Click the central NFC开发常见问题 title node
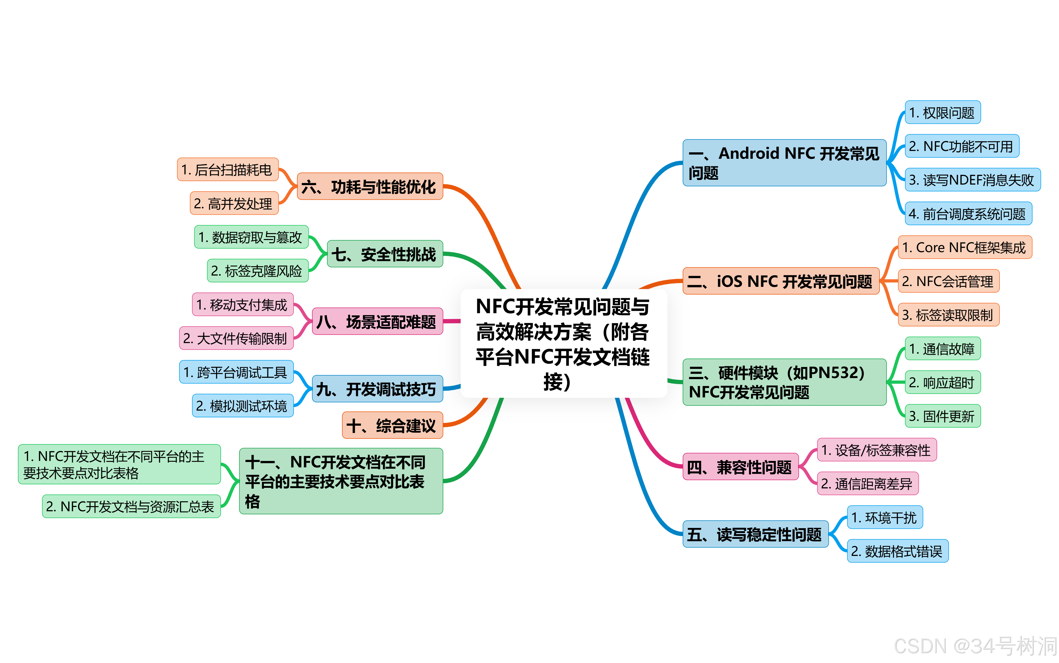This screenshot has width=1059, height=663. tap(563, 343)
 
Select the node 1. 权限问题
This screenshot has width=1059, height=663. tap(942, 113)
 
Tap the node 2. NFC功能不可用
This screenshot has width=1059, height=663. tap(962, 146)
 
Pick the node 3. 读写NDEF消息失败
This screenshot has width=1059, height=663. tap(972, 180)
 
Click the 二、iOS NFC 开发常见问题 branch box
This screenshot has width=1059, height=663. tap(781, 281)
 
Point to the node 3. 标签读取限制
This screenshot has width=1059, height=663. tap(948, 315)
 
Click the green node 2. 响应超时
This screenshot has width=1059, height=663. tap(942, 382)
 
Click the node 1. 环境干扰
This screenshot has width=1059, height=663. tap(885, 517)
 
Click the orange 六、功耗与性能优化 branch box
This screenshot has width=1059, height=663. tap(369, 187)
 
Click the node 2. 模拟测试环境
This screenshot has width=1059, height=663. tap(242, 406)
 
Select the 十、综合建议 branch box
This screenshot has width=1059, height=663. tap(392, 425)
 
